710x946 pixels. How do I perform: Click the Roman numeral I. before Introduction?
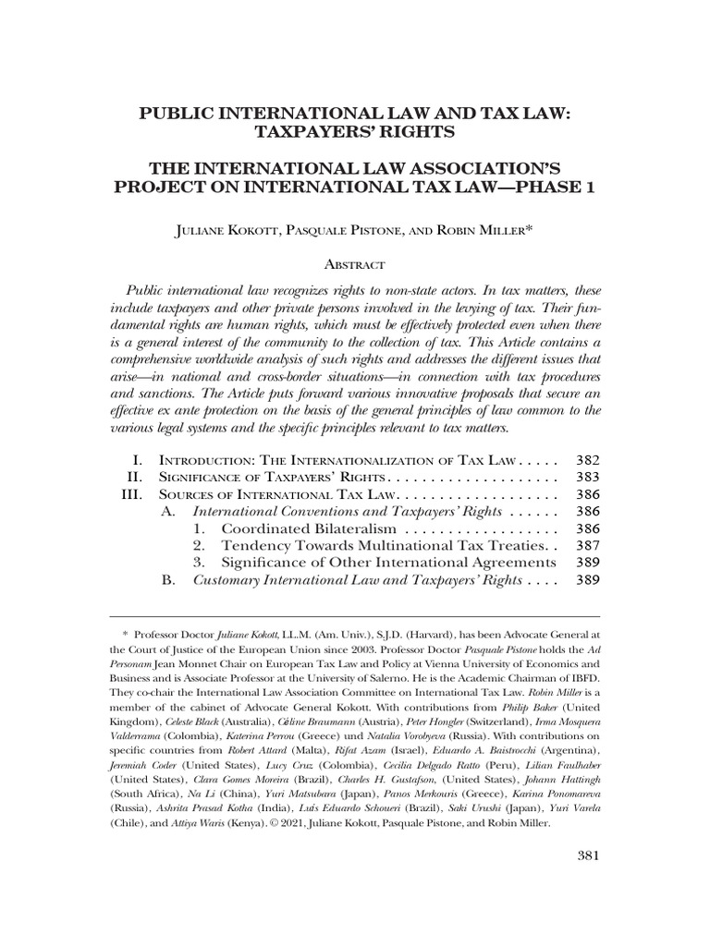[138, 459]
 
